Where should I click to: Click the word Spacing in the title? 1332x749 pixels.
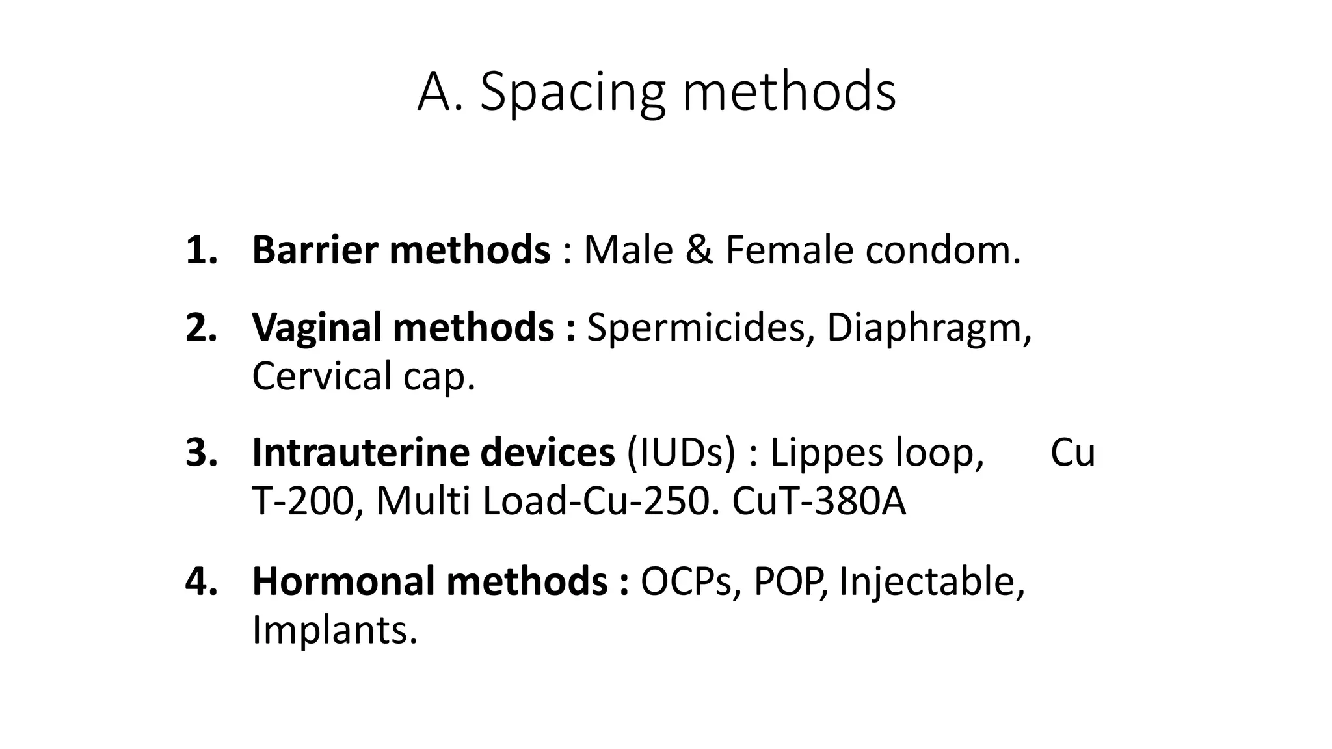572,92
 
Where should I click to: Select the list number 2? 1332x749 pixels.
200,327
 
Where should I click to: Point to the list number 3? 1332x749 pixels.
200,453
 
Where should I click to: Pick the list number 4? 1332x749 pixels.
200,581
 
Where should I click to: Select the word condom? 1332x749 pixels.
942,250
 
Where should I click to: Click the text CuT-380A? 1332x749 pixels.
818,502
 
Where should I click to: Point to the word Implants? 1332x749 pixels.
333,630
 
